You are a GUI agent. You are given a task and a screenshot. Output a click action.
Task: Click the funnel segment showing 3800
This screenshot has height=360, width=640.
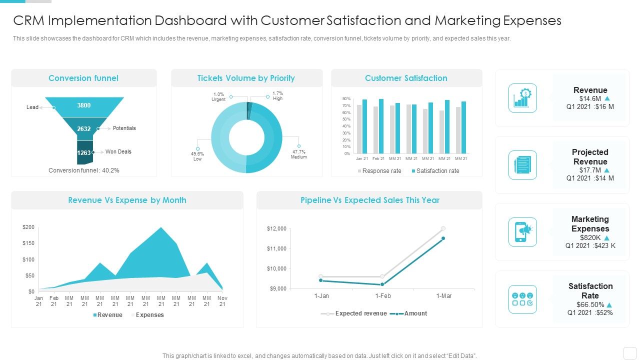pos(84,105)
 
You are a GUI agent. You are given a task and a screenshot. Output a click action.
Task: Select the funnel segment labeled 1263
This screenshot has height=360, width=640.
pos(84,152)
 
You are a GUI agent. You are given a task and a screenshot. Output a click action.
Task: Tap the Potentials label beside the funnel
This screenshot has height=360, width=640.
pos(124,128)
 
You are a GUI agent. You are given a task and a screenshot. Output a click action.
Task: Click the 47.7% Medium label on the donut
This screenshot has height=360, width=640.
pos(299,154)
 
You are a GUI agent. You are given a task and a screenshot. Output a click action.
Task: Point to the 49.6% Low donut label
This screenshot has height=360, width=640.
pos(197,156)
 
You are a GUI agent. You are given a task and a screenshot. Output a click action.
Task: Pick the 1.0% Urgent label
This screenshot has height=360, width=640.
pos(218,97)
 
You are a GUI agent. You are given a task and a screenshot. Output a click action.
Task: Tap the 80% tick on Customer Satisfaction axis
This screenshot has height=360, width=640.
pos(346,99)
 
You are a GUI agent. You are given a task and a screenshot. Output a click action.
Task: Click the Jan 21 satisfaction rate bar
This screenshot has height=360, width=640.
pos(364,126)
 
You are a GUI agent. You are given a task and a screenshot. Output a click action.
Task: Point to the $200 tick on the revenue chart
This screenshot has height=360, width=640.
pos(28,227)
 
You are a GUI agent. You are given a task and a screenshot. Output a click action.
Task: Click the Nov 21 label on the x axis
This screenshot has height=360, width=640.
pos(222,301)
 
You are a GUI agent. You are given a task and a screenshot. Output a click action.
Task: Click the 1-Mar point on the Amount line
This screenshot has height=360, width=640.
pos(443,238)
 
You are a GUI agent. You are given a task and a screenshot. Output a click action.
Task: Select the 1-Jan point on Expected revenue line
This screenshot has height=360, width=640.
pos(321,276)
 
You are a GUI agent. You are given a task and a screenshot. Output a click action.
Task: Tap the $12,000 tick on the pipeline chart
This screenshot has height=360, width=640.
pos(276,229)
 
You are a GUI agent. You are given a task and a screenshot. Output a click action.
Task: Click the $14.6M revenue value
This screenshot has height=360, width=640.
pos(589,99)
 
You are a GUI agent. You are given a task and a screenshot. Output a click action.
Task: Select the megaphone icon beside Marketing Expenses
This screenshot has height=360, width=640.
pos(522,231)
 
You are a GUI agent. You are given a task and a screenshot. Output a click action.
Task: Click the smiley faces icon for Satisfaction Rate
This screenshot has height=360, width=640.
pos(522,299)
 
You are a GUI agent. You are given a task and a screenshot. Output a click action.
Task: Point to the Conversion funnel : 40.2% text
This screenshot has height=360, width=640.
pos(84,170)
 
